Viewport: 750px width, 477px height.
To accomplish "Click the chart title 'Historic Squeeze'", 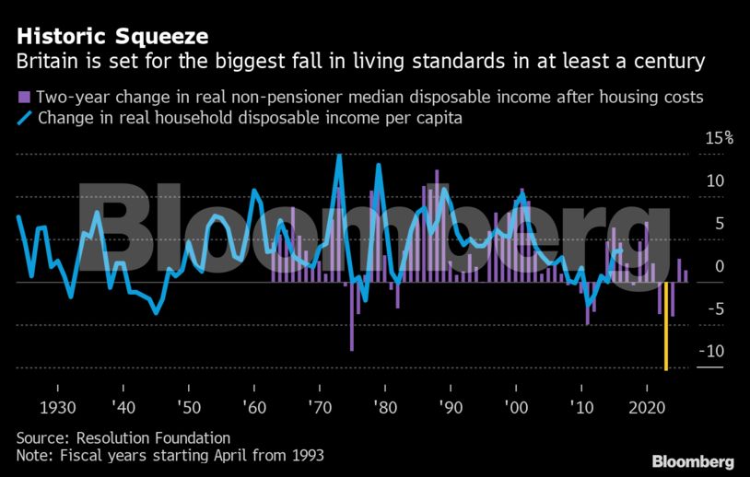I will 110,36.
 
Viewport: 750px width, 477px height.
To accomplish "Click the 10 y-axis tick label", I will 715,180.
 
